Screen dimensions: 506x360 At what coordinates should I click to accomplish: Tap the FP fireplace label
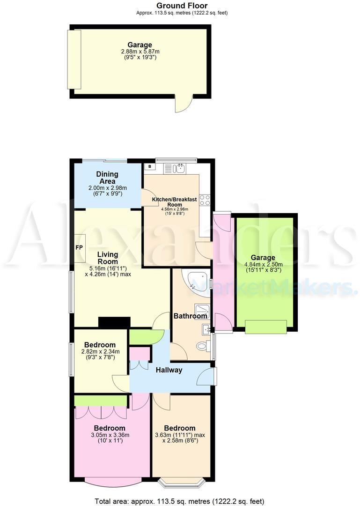coord(79,247)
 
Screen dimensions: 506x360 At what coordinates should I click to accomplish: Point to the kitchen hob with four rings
coord(205,200)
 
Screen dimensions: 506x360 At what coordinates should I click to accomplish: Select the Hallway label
coord(169,370)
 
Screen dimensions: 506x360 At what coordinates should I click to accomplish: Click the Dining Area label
coord(107,178)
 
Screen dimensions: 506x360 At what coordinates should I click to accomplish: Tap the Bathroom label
coord(190,316)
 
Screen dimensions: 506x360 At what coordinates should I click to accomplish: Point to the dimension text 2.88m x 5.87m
coord(140,52)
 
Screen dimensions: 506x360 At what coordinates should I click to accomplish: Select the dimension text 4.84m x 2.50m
coord(263,264)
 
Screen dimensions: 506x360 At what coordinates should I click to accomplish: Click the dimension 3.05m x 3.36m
coord(110,435)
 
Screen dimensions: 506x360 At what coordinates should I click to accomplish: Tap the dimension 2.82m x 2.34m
coord(101,352)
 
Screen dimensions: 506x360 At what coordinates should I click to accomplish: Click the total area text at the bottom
coord(180,500)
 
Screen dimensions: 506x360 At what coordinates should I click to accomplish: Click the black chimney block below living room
coord(114,322)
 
